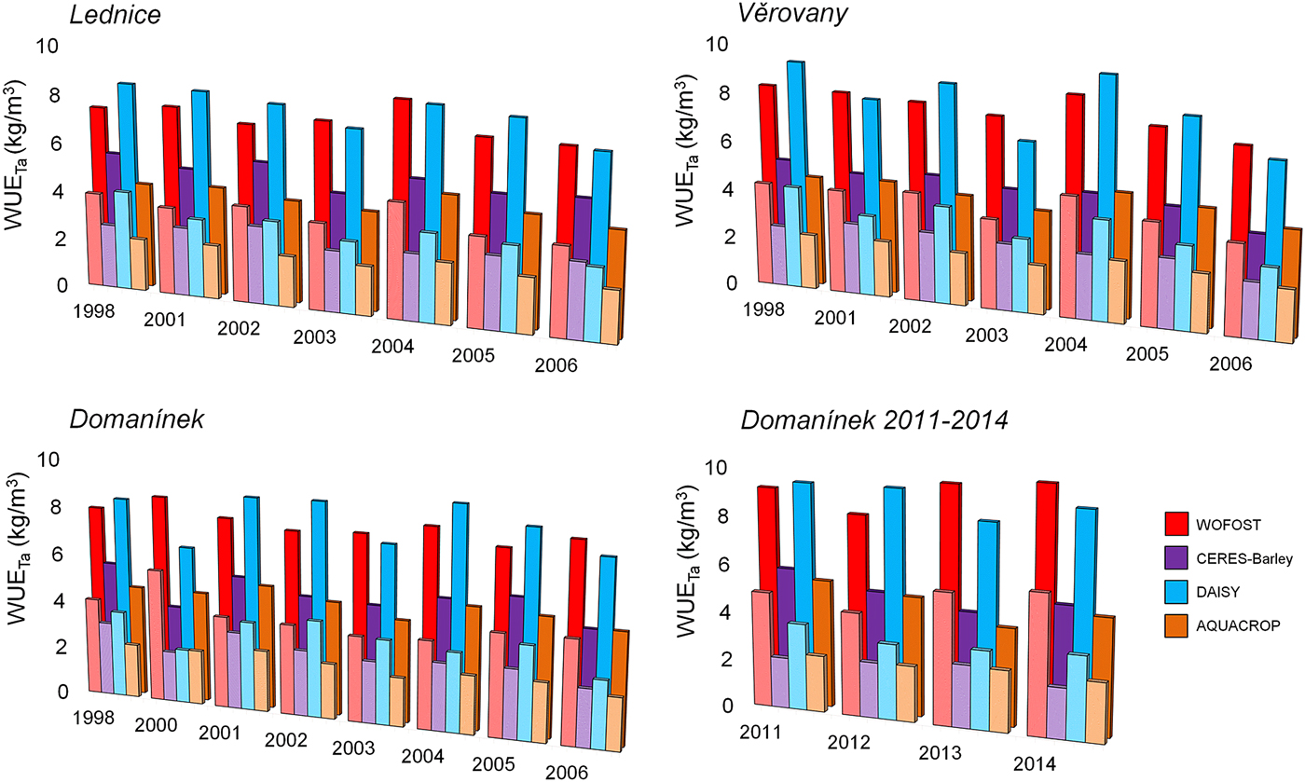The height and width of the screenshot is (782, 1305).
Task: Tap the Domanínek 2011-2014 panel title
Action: point(874,421)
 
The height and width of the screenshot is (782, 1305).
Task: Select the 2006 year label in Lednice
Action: point(556,365)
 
